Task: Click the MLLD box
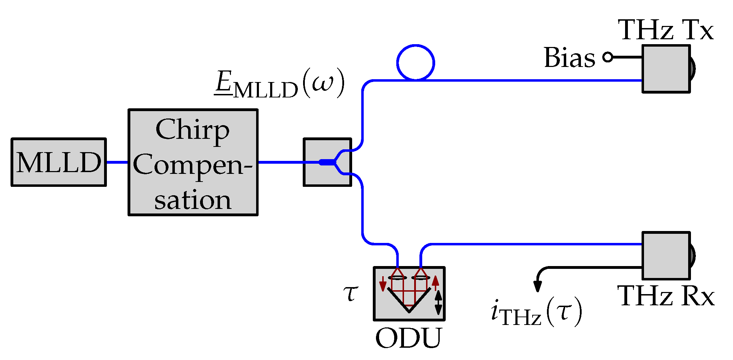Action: tap(59, 162)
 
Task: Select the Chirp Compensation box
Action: tap(193, 162)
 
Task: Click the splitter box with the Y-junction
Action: tap(327, 162)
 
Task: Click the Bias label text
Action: tap(569, 57)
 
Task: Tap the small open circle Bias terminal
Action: tap(608, 57)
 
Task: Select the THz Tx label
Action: tap(665, 30)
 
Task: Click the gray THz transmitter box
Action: tap(666, 69)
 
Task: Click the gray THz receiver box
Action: tap(666, 256)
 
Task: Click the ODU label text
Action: tap(409, 338)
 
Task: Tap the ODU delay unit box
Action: tap(409, 294)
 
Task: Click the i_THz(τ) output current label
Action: tap(536, 312)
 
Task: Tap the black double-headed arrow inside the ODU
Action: tap(438, 302)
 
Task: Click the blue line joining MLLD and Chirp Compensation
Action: tap(117, 162)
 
